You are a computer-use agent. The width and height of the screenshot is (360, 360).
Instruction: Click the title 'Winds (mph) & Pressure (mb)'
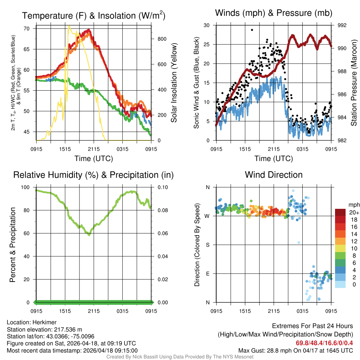(274, 13)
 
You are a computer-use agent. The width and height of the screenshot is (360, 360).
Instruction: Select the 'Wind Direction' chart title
(274, 175)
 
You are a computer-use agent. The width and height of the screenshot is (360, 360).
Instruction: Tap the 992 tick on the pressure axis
(342, 25)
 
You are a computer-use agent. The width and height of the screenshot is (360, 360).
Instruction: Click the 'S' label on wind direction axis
(207, 245)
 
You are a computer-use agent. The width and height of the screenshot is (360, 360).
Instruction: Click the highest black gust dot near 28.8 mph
(252, 30)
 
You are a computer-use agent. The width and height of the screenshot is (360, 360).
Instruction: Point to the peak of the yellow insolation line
(69, 26)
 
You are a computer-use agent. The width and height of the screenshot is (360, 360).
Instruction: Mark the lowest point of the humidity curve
(89, 234)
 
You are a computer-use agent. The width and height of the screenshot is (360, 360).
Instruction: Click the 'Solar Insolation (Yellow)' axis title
(174, 83)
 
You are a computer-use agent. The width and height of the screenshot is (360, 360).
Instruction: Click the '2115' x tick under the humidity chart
(94, 311)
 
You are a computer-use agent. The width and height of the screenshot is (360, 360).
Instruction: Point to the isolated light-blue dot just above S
(299, 243)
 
